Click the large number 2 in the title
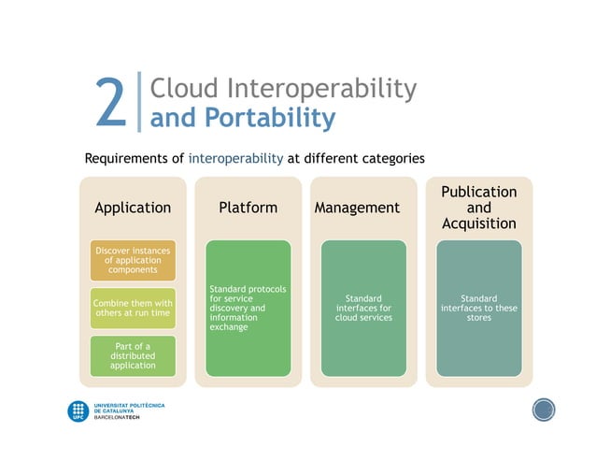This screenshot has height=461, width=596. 111,103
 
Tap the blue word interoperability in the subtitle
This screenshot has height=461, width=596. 235,158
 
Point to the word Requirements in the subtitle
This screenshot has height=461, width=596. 134,158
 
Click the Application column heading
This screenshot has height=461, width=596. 133,208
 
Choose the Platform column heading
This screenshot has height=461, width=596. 248,208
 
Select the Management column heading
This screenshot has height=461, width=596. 357,208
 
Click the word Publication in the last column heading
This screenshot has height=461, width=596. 478,192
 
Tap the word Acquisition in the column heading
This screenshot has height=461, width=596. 478,223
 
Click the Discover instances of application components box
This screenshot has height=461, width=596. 133,261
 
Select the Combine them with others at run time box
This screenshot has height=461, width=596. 133,309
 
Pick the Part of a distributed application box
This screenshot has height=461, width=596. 133,356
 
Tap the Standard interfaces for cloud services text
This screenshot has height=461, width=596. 363,309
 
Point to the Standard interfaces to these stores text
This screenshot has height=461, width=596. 478,309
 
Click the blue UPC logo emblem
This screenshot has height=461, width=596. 78,411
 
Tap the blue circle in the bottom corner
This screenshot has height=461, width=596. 544,410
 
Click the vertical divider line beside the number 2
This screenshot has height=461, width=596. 138,102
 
